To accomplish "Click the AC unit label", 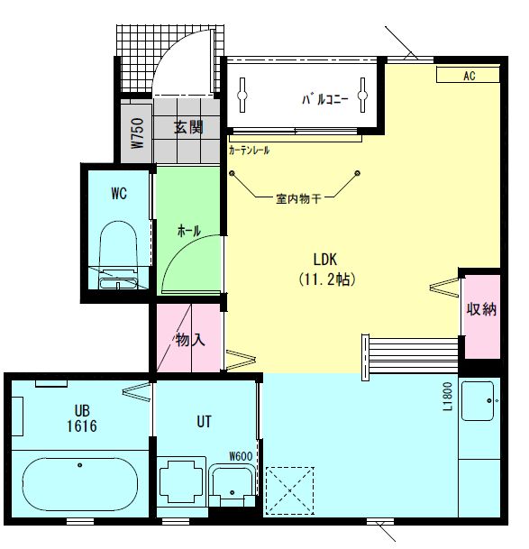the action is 470,76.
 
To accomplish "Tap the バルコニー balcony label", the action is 325,99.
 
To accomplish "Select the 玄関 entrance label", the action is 188,127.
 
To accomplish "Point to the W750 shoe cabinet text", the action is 138,133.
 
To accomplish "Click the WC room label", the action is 119,193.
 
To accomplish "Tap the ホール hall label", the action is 189,231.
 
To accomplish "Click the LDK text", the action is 325,260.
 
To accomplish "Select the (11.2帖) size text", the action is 327,279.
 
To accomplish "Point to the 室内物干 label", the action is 298,199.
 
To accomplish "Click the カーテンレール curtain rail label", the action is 249,151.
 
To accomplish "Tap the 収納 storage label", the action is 481,309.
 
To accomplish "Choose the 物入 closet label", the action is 190,340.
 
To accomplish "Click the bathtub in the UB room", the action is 80,485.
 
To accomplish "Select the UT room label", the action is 204,422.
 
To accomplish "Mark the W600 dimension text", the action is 241,456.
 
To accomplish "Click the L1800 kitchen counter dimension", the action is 448,397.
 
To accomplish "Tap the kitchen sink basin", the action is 478,401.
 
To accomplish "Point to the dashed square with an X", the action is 290,491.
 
